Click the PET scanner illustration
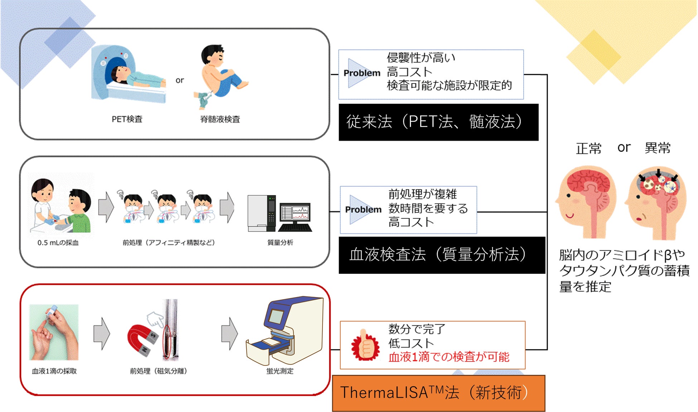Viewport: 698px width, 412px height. point(129,74)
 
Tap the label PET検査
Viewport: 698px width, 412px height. point(127,119)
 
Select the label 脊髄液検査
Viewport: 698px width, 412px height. point(220,119)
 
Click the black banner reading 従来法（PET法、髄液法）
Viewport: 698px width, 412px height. point(438,122)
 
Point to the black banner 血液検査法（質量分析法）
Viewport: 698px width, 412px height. point(442,255)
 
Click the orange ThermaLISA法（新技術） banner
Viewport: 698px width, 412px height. point(438,393)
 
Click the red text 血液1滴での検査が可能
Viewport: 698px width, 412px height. point(449,357)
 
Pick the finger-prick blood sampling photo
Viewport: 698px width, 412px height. point(54,332)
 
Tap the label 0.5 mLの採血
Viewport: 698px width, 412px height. point(58,243)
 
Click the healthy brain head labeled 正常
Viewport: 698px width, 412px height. point(586,202)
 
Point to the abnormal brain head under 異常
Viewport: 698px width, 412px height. point(656,203)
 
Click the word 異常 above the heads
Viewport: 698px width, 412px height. point(658,148)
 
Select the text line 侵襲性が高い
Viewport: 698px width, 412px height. point(421,58)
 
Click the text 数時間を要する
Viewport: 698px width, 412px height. point(428,208)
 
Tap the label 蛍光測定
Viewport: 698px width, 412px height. point(280,371)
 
